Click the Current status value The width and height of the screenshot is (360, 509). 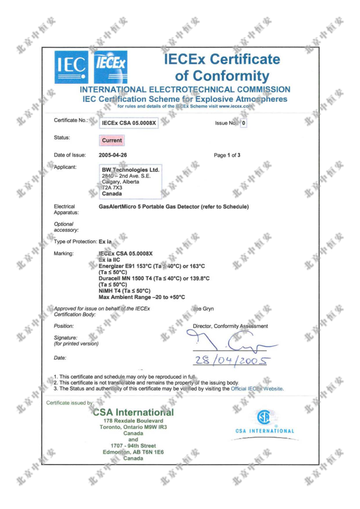coord(111,140)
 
